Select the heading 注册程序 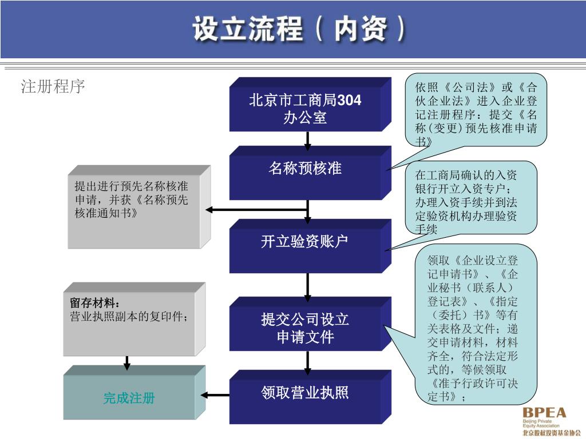(53, 87)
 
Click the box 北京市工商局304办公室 (306, 109)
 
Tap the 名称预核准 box (306, 169)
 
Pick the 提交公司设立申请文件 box (306, 328)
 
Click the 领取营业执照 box (306, 393)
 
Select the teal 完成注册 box (129, 398)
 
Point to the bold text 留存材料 (95, 302)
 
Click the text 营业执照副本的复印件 (129, 316)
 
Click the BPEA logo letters (544, 413)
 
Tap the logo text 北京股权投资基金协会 (548, 433)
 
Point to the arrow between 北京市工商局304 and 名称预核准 (308, 140)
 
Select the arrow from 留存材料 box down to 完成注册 (127, 362)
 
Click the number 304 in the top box (350, 101)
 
